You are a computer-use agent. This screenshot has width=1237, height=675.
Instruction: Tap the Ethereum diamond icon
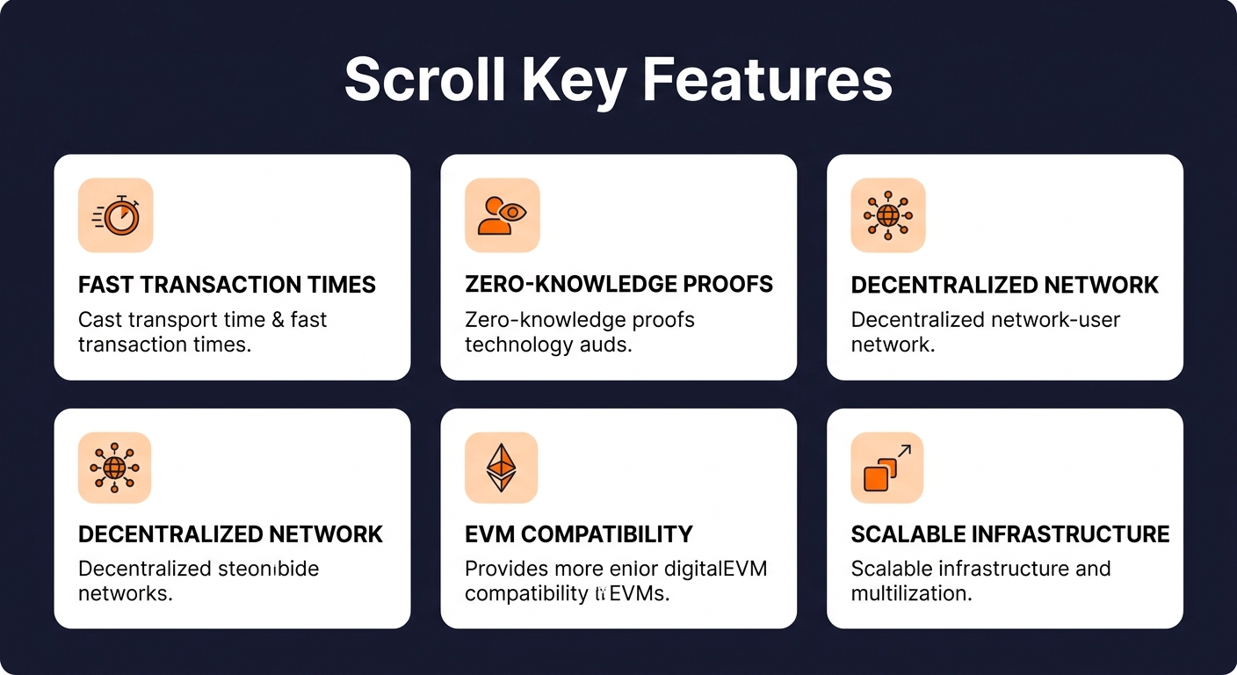click(502, 468)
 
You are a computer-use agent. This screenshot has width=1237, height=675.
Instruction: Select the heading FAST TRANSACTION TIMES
click(227, 285)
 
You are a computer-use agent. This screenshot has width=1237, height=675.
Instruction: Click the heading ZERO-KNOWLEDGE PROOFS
click(618, 285)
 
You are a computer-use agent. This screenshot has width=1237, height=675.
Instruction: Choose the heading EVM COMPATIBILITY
click(578, 534)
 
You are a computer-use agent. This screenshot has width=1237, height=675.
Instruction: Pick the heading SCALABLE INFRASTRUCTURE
click(1010, 534)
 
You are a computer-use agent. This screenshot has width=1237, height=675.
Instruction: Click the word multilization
click(910, 593)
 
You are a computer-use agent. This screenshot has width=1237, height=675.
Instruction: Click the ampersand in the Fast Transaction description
click(277, 320)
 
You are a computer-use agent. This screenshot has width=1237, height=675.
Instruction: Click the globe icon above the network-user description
click(887, 215)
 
